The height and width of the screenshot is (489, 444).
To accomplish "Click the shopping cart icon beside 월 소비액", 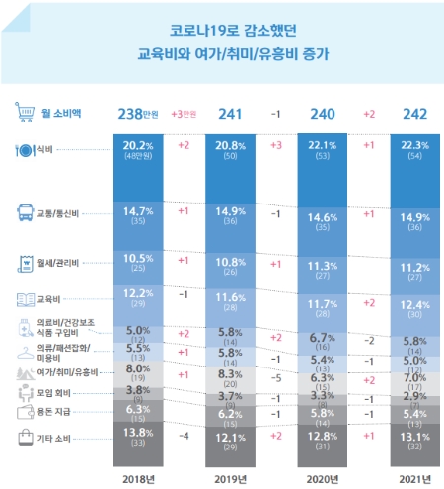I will point(25,114).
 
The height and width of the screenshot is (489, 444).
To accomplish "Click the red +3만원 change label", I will point(184,114).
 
